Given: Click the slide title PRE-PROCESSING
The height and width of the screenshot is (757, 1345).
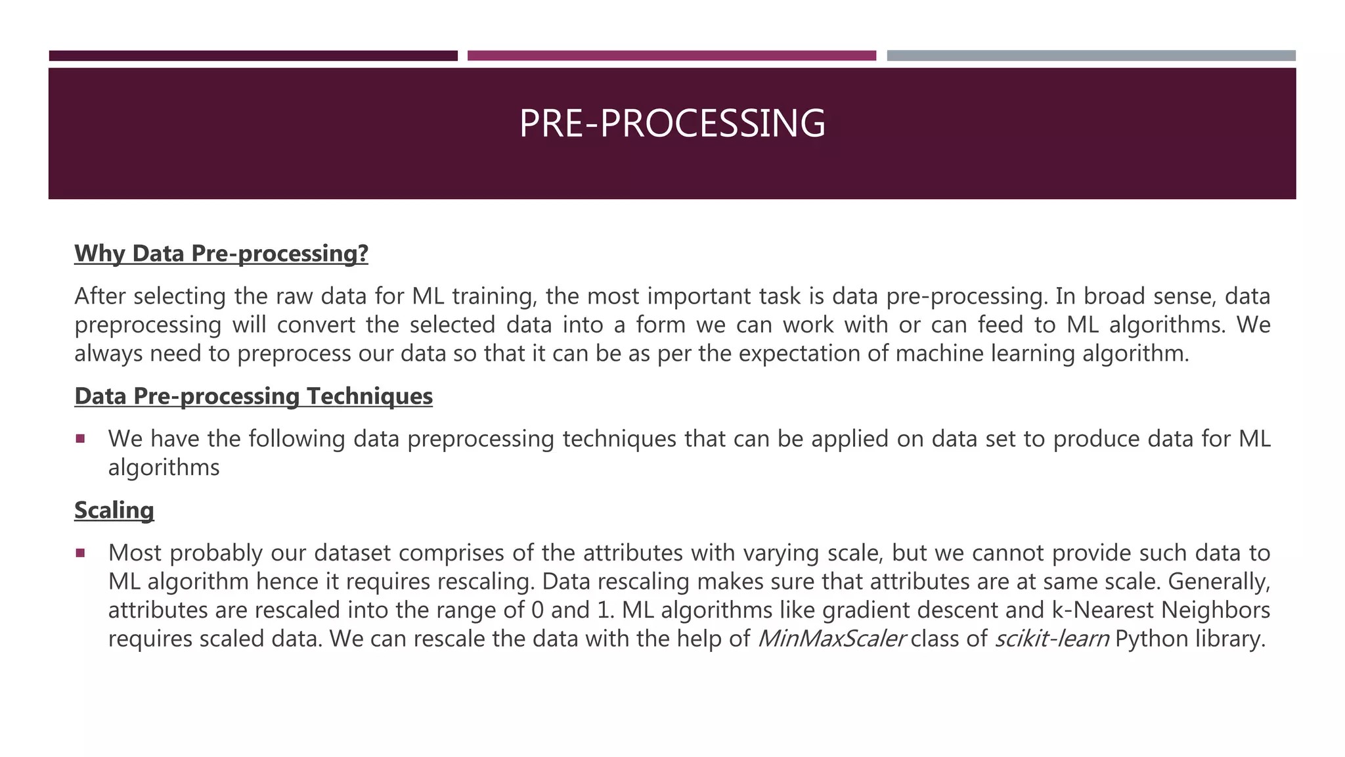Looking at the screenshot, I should [x=672, y=124].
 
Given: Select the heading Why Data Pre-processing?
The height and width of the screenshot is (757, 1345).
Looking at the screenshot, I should [x=221, y=254].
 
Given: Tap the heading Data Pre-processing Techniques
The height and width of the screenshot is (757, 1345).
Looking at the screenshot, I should [x=254, y=396].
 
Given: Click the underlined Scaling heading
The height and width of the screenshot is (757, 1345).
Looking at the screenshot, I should [x=114, y=511].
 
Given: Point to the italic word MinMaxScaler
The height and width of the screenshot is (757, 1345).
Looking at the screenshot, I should [x=831, y=639].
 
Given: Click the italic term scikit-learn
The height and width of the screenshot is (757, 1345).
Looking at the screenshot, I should [x=1051, y=639].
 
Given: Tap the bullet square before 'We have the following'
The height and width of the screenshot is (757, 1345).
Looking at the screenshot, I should [x=80, y=438].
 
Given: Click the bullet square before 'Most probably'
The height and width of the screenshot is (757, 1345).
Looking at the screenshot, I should [x=80, y=553].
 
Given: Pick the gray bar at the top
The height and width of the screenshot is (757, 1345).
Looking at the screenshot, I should [x=1091, y=56].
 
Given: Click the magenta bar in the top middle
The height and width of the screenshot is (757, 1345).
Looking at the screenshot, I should [x=671, y=56].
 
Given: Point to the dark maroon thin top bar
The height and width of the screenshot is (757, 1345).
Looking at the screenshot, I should [x=253, y=56].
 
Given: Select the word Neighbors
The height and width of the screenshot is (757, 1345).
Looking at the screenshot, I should [x=1216, y=610].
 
